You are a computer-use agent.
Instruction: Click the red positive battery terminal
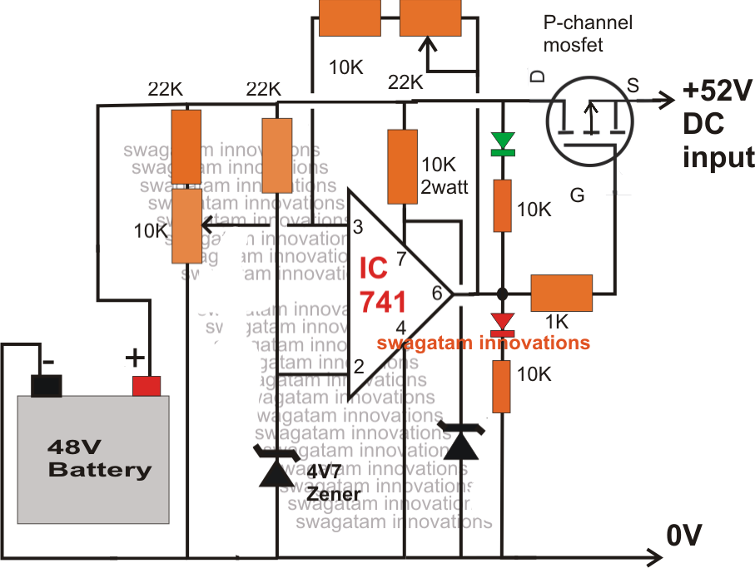coord(147,385)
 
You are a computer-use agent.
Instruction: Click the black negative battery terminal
coord(47,385)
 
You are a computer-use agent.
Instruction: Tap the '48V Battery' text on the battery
coord(100,458)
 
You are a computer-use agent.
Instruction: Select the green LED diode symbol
coord(501,144)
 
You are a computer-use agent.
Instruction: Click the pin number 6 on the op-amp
coord(436,292)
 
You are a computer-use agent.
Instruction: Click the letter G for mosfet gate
coord(576,195)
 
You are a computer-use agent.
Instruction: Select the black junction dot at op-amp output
coord(502,294)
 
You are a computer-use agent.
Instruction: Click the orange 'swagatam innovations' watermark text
coord(483,343)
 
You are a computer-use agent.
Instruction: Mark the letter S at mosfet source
coord(633,84)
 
